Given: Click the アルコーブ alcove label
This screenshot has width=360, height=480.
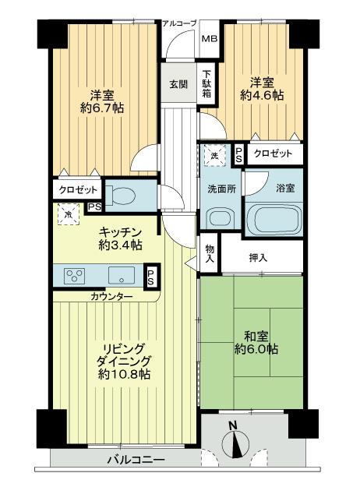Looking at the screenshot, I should (179, 23).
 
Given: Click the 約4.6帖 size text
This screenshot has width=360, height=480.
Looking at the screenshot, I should (260, 97).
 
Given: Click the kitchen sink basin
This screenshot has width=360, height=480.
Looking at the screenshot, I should (122, 274).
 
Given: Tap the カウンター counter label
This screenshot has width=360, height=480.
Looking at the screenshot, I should (111, 297).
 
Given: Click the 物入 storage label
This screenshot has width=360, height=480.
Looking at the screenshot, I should (210, 256).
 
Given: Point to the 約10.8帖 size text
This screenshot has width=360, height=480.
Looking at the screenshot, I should (125, 374).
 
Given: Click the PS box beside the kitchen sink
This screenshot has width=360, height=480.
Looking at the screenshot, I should (150, 275).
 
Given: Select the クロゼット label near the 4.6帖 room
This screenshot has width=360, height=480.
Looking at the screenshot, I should (273, 154).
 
